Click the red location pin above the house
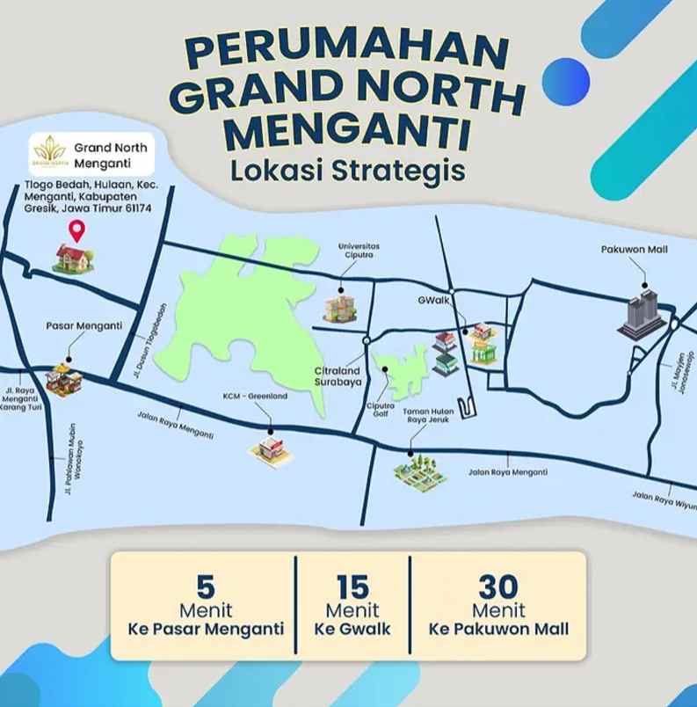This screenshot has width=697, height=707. tap(76, 231)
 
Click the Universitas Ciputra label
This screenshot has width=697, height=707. tap(359, 251)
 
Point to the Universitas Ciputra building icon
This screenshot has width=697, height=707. tap(340, 306)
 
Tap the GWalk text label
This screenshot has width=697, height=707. tap(433, 300)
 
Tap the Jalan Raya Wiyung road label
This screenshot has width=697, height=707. tap(663, 499)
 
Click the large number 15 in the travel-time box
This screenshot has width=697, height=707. tap(352, 586)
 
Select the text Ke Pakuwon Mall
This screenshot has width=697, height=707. tap(498, 629)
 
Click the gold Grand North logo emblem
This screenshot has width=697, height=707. tap(50, 150)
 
